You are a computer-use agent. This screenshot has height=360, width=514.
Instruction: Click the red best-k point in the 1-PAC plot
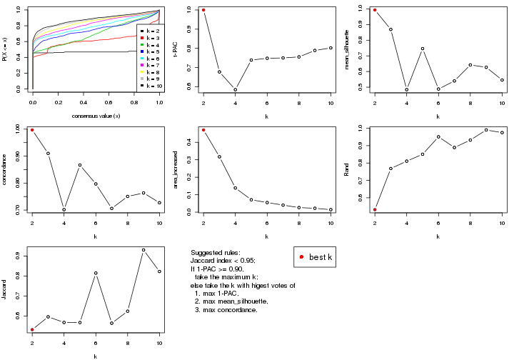203,10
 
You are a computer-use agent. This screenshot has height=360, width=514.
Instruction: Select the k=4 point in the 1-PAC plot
236,90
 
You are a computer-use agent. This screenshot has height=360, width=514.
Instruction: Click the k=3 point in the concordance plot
49,154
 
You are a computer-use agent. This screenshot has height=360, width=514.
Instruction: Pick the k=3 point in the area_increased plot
219,156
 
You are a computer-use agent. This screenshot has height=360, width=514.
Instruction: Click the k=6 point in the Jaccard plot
96,273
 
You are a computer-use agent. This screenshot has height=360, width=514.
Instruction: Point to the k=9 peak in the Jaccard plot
143,250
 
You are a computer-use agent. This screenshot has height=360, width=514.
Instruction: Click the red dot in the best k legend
303,257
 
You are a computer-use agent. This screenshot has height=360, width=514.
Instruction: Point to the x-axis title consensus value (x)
96,116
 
